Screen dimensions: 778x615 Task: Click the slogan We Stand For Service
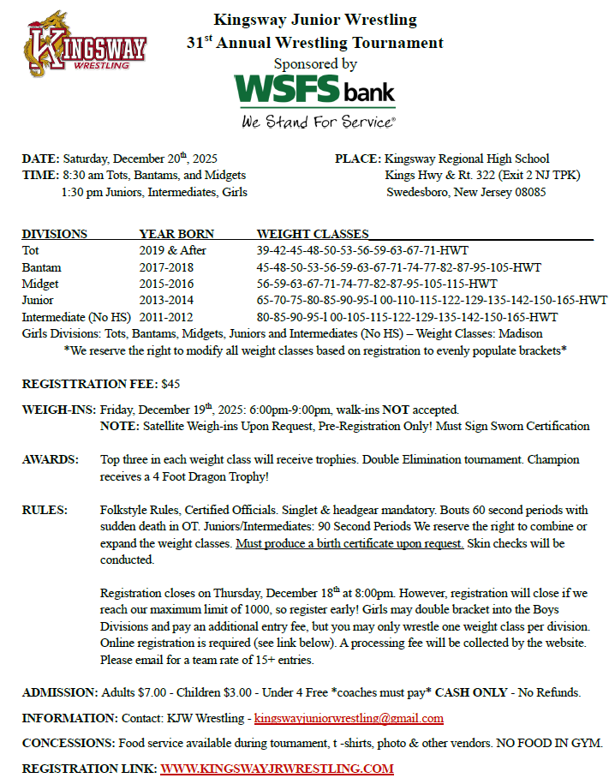318,121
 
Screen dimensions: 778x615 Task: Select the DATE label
40,159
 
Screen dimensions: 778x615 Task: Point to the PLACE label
358,159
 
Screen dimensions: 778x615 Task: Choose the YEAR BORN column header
176,234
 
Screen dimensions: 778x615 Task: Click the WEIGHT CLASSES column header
313,234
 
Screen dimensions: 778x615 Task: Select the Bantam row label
41,267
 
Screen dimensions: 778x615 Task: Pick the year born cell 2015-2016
166,284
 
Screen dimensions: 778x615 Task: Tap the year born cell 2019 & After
172,250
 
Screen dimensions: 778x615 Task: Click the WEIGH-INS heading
58,410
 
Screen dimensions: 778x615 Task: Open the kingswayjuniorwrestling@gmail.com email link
349,718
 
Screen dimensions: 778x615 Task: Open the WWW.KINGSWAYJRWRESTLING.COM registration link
277,768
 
